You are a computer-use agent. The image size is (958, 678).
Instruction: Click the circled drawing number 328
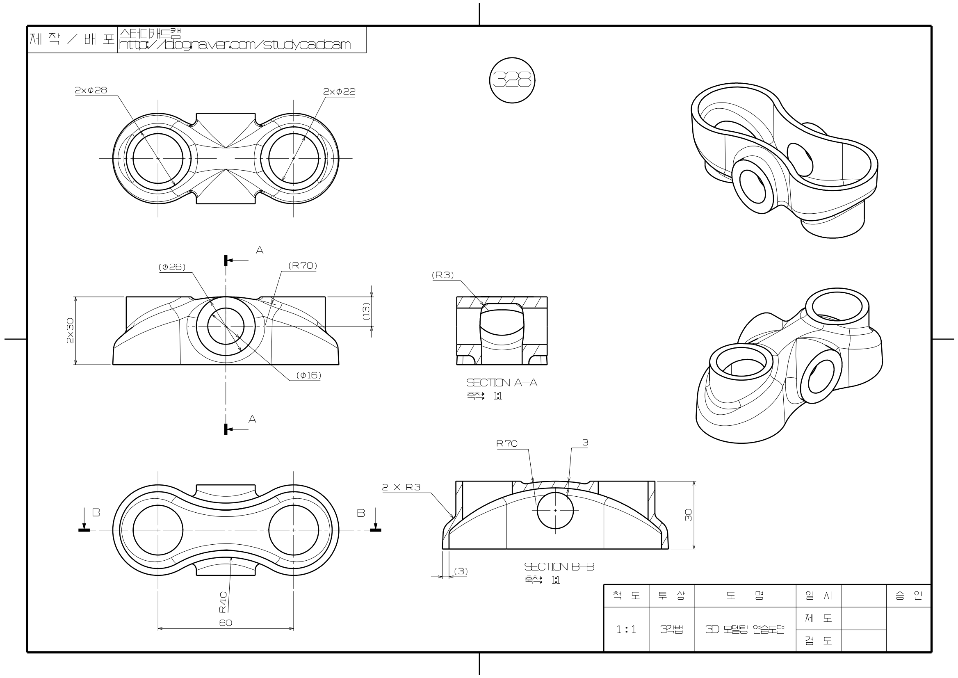point(512,80)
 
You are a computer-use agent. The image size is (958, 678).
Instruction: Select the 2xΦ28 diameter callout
point(91,90)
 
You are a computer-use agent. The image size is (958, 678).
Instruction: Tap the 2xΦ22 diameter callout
point(339,91)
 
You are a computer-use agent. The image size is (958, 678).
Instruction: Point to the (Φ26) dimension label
point(171,267)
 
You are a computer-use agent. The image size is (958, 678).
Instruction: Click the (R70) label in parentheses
point(303,265)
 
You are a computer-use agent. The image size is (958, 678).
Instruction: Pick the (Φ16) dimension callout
point(308,375)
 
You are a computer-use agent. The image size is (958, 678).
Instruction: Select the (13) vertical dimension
point(366,311)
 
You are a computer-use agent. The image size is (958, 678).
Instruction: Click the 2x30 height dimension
point(70,331)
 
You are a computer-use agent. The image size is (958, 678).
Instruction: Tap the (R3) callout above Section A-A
point(443,275)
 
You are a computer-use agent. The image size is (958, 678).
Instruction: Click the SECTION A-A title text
point(502,382)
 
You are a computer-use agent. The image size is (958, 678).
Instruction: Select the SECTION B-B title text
point(559,566)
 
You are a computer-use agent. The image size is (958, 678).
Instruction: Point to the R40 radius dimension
point(223,602)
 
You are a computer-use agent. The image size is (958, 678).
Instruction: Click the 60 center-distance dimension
point(226,623)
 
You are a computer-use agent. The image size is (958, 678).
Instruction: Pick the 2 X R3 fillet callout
point(401,487)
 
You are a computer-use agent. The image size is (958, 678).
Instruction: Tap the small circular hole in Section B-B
point(555,510)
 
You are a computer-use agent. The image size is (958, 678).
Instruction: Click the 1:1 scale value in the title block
point(626,630)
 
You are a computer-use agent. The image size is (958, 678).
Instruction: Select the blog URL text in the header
point(235,45)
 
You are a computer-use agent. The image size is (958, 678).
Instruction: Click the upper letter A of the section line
point(260,251)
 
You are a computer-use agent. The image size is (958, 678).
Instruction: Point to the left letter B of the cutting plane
point(96,513)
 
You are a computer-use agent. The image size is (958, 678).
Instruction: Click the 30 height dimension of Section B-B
point(688,515)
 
